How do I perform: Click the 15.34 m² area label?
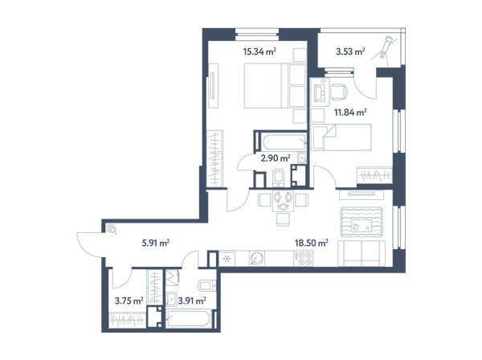(259, 51)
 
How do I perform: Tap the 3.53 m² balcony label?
(350, 51)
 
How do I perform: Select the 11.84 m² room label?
(350, 112)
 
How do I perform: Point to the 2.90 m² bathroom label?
(276, 158)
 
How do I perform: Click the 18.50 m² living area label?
(312, 243)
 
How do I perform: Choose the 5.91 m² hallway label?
(156, 243)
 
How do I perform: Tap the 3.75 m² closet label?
(129, 301)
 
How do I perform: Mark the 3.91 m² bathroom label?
(192, 301)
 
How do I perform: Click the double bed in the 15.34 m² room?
(275, 85)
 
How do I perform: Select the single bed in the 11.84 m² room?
(341, 137)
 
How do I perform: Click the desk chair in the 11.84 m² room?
(339, 92)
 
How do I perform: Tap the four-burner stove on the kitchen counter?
(304, 259)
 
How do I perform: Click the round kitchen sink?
(257, 259)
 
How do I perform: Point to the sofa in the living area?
(361, 254)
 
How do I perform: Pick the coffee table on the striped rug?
(361, 226)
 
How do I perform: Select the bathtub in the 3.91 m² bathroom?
(188, 319)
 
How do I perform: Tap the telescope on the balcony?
(386, 47)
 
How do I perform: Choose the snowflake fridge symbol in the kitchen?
(227, 259)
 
